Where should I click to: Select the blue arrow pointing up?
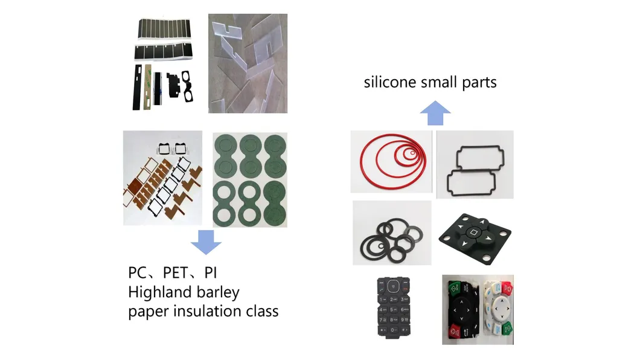point(435,113)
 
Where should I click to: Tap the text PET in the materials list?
point(178,273)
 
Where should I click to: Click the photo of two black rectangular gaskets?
point(475,165)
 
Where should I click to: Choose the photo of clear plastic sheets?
point(248,63)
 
